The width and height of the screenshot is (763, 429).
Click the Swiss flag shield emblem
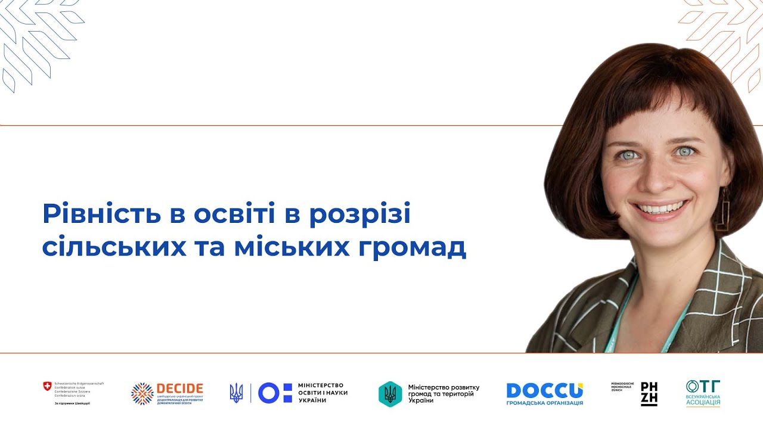pos(47,387)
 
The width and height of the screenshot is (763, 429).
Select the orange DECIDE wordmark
pos(179,388)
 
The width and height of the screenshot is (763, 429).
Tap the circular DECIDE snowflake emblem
pos(142,394)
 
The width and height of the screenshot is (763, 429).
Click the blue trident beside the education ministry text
pos(237,393)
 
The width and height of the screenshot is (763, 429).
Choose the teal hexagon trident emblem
pos(390,394)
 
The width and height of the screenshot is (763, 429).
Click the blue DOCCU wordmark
pos(544,391)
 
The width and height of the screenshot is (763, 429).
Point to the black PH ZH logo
pos(649,394)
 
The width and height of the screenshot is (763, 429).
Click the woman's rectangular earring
pos(722,209)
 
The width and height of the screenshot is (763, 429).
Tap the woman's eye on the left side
pos(629,155)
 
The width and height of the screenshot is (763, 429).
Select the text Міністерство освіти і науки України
pos(322,393)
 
